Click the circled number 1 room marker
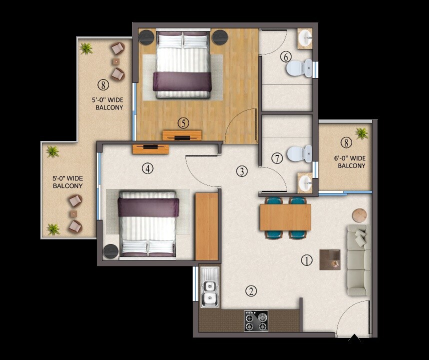[306, 260]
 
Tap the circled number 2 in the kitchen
[251, 291]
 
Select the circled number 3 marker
[242, 171]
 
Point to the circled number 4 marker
[147, 168]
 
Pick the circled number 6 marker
[286, 56]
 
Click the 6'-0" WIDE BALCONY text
[350, 162]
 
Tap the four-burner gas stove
[255, 321]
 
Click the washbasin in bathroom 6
[305, 38]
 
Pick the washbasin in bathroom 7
[305, 182]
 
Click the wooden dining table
[285, 217]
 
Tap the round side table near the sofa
[359, 215]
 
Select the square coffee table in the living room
[330, 259]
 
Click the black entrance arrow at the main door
[354, 340]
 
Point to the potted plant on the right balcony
[361, 133]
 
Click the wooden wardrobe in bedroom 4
[206, 226]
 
